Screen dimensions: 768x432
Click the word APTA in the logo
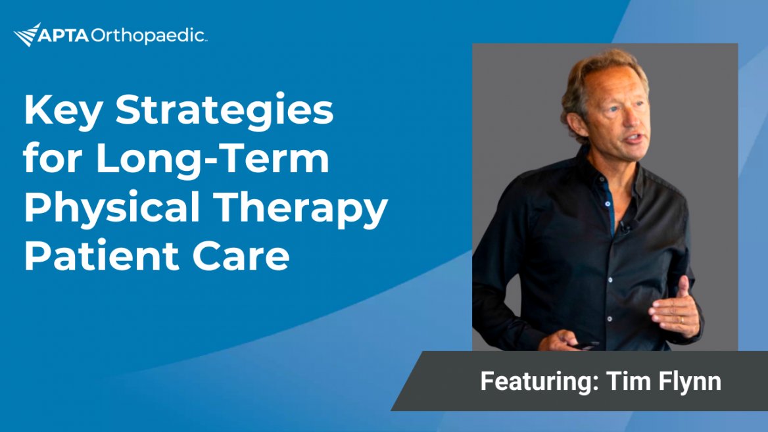(63, 36)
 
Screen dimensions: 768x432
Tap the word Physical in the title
(112, 209)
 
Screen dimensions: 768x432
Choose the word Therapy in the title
(300, 209)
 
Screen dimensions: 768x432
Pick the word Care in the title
(241, 256)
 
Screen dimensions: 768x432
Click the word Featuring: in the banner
(539, 381)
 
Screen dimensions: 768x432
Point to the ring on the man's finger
(682, 320)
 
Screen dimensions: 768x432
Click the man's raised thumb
(683, 287)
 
